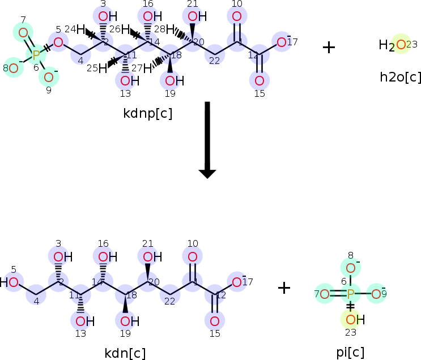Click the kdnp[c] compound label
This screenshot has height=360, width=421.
[x=147, y=113]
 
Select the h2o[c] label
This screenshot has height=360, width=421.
[x=401, y=77]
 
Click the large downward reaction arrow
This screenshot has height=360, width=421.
[x=207, y=139]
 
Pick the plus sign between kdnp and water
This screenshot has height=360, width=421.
[x=329, y=46]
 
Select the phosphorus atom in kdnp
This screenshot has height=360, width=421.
[x=36, y=55]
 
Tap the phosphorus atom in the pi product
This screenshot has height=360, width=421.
[x=350, y=294]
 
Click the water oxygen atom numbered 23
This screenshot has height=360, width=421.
[x=401, y=44]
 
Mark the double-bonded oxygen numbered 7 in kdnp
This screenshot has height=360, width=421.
[x=23, y=33]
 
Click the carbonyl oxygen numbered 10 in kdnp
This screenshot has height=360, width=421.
[x=237, y=16]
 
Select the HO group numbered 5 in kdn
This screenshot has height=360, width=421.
[x=11, y=282]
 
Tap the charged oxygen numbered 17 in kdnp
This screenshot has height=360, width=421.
[x=282, y=41]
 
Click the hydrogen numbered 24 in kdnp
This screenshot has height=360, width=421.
[x=81, y=29]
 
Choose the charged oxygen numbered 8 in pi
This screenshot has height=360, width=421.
[x=351, y=268]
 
